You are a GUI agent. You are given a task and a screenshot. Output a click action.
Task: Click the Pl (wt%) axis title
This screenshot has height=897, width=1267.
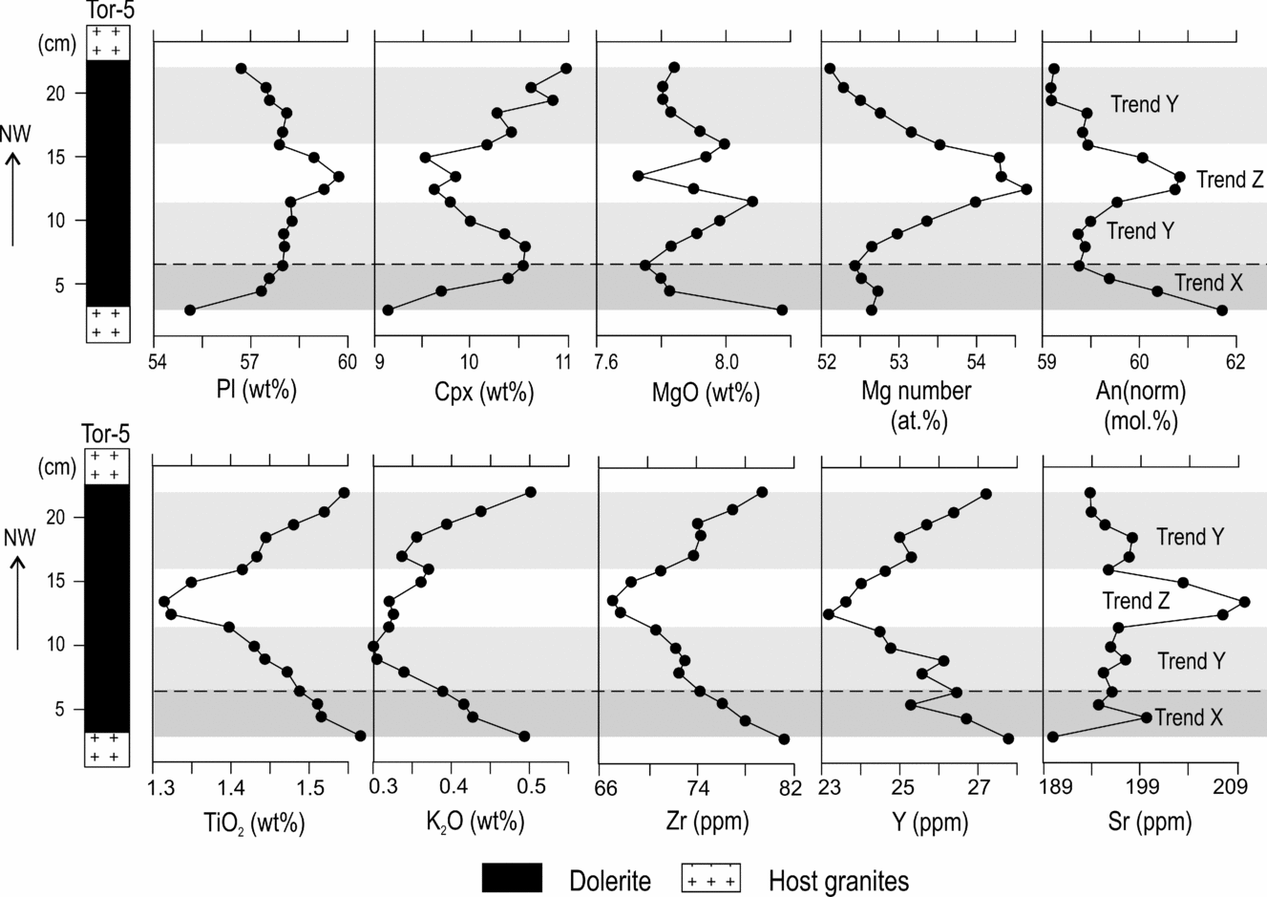(250, 391)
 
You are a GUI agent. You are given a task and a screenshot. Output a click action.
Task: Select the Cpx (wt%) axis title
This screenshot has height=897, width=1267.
(472, 391)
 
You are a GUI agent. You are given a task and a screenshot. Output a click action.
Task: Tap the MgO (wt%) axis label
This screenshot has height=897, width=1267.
(692, 391)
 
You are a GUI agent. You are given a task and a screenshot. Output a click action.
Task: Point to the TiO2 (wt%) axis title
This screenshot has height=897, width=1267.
(254, 822)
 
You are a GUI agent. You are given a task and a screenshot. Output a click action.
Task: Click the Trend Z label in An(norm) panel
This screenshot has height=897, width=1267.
(1230, 180)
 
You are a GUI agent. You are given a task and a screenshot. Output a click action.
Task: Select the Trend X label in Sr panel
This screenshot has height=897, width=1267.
(1188, 717)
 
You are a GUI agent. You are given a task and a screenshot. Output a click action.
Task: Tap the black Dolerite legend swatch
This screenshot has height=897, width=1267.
(512, 879)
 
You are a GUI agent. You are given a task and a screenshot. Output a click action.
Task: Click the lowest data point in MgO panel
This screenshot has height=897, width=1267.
(782, 310)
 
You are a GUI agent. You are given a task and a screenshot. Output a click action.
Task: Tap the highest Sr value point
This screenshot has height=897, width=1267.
(1244, 602)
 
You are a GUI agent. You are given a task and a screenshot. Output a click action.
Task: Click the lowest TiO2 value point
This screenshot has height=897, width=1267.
(164, 602)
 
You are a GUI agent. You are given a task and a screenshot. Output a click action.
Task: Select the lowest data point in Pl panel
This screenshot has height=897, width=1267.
(190, 310)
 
